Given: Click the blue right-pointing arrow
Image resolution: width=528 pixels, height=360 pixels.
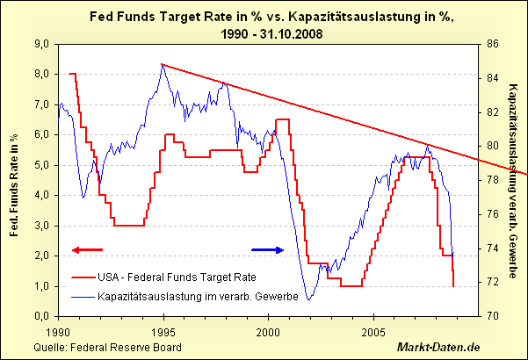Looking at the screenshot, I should pos(268,250).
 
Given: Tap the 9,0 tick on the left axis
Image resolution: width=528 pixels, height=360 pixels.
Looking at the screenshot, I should pos(40,43).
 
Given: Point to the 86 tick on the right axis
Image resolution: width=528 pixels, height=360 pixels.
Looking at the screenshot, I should pos(492,43).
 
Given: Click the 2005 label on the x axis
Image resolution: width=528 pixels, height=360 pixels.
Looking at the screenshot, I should pos(373,334).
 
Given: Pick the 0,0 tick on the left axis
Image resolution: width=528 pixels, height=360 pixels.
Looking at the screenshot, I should pos(40,316).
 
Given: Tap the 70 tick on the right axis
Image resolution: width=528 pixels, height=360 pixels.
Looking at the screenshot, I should pos(492,316).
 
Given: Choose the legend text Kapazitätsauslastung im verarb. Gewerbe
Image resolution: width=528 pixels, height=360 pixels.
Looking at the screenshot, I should pos(199,296).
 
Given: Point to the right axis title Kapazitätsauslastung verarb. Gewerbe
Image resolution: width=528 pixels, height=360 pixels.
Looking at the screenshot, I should pos(514,179).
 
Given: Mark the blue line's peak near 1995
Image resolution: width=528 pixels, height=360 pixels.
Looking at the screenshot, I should pos(163,65).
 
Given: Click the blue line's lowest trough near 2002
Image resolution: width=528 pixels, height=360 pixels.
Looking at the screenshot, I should pos(308,299).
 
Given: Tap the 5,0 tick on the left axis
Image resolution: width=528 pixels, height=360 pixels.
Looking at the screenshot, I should pos(40,164).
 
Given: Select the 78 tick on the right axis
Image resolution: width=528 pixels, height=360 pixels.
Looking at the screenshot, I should pos(492,180).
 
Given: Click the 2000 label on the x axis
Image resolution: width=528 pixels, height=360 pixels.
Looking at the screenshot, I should pos(268,334).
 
